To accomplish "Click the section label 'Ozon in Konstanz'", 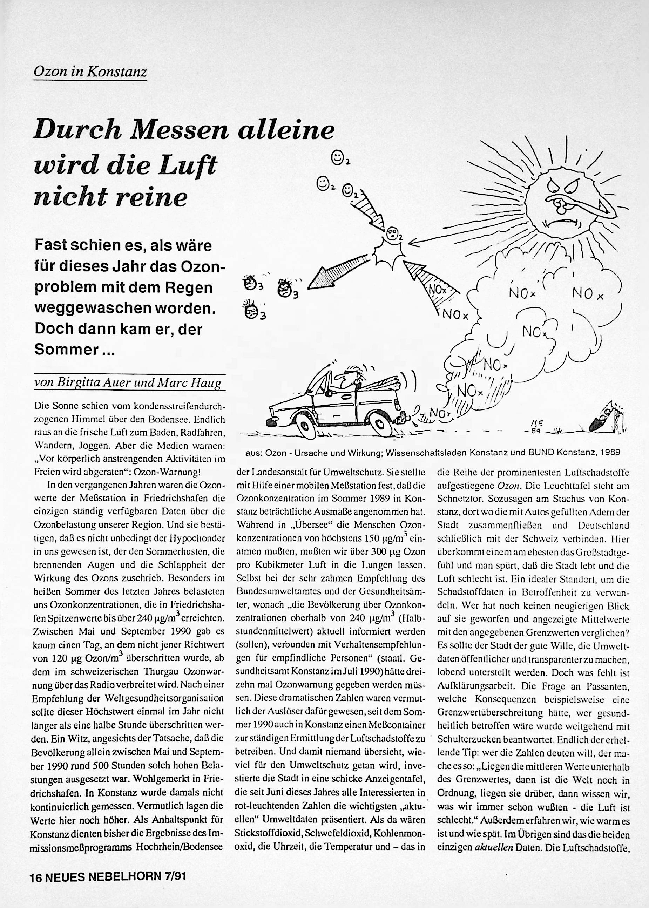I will tap(90, 72).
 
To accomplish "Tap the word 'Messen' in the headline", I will tap(181, 130).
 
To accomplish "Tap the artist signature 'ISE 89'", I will tap(535, 427).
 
